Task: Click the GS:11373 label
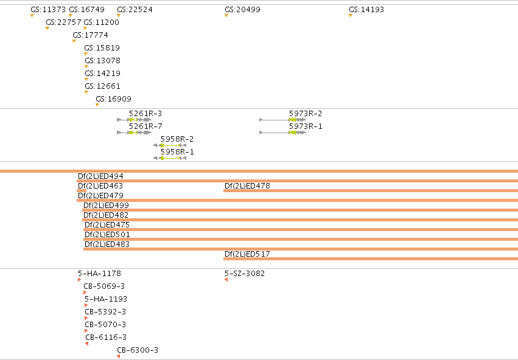(x=48, y=10)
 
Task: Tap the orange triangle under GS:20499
(x=226, y=16)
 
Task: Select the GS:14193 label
(x=366, y=10)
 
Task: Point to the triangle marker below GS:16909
(x=97, y=105)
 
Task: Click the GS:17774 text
(x=90, y=35)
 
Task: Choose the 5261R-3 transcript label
(x=145, y=114)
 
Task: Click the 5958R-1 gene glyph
(x=170, y=158)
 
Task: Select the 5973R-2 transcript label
(x=306, y=114)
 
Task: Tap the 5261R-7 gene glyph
(x=134, y=133)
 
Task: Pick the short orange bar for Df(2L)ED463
(x=82, y=190)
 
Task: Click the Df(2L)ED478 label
(x=247, y=185)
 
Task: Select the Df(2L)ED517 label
(x=247, y=254)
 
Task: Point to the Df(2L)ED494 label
(x=100, y=176)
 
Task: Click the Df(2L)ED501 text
(x=107, y=235)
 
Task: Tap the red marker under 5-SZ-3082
(x=226, y=280)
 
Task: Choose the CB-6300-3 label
(x=138, y=350)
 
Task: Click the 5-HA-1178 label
(x=99, y=274)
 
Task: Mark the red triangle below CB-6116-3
(x=87, y=344)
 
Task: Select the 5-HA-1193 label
(x=106, y=299)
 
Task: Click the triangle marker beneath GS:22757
(x=47, y=29)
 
